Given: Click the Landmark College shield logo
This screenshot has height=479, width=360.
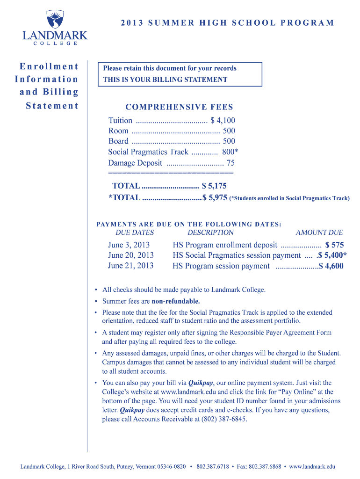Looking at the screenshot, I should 54,20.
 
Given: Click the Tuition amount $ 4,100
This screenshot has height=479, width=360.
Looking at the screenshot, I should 223,121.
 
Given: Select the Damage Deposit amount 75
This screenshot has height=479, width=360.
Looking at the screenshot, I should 230,163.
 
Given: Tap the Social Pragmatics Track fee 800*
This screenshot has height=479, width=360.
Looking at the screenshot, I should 230,152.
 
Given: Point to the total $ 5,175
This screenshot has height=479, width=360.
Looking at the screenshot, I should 214,186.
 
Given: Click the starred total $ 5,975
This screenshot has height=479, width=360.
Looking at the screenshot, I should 215,198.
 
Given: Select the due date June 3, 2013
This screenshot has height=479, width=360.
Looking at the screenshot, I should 129,245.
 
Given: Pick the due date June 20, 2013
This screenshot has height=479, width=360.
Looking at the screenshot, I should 130,255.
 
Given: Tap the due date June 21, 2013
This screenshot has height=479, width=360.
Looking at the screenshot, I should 130,266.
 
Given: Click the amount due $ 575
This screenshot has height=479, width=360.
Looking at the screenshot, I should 334,245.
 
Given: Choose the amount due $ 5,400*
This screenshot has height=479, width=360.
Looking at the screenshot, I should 332,255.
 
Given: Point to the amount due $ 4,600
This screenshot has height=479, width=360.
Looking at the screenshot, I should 331,266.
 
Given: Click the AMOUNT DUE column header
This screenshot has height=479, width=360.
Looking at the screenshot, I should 319,232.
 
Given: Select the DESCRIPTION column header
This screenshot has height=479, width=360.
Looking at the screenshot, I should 210,232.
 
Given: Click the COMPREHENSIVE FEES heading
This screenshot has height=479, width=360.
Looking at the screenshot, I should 179,107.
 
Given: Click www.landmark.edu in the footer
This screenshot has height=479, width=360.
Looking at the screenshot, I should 312,466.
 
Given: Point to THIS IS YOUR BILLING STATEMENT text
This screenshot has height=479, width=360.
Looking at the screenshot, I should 165,80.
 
